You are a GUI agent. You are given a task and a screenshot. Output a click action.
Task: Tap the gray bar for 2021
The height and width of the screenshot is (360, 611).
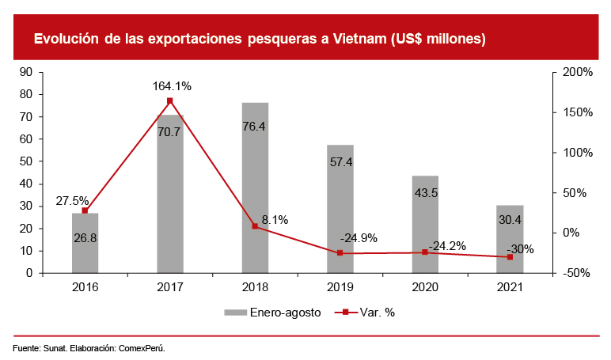click(x=510, y=245)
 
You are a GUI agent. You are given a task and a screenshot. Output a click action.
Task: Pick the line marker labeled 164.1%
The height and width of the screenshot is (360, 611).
click(x=170, y=100)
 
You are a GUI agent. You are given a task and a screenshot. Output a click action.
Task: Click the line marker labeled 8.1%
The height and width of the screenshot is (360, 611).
click(x=255, y=226)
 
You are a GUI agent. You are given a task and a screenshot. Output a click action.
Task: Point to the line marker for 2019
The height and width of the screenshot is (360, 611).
click(x=340, y=253)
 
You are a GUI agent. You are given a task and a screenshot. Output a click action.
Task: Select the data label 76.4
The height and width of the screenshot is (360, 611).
click(x=255, y=126)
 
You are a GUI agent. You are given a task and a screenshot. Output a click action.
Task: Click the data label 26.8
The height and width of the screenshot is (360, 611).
click(x=85, y=237)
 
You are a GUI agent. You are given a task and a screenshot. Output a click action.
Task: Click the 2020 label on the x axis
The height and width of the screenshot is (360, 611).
click(x=425, y=287)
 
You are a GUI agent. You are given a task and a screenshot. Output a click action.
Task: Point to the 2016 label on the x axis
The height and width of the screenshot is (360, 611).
click(x=85, y=287)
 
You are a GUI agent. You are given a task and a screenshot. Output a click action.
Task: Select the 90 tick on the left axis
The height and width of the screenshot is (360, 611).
click(x=25, y=72)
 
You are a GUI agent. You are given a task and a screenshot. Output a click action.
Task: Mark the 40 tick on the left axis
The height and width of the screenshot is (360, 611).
click(x=25, y=184)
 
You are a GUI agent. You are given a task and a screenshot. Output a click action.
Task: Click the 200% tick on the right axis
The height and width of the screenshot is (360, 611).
click(x=577, y=72)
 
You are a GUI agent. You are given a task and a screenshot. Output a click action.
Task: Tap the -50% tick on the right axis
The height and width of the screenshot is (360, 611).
click(x=577, y=273)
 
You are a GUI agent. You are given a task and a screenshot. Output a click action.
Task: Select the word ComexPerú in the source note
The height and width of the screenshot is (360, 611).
click(x=142, y=348)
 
